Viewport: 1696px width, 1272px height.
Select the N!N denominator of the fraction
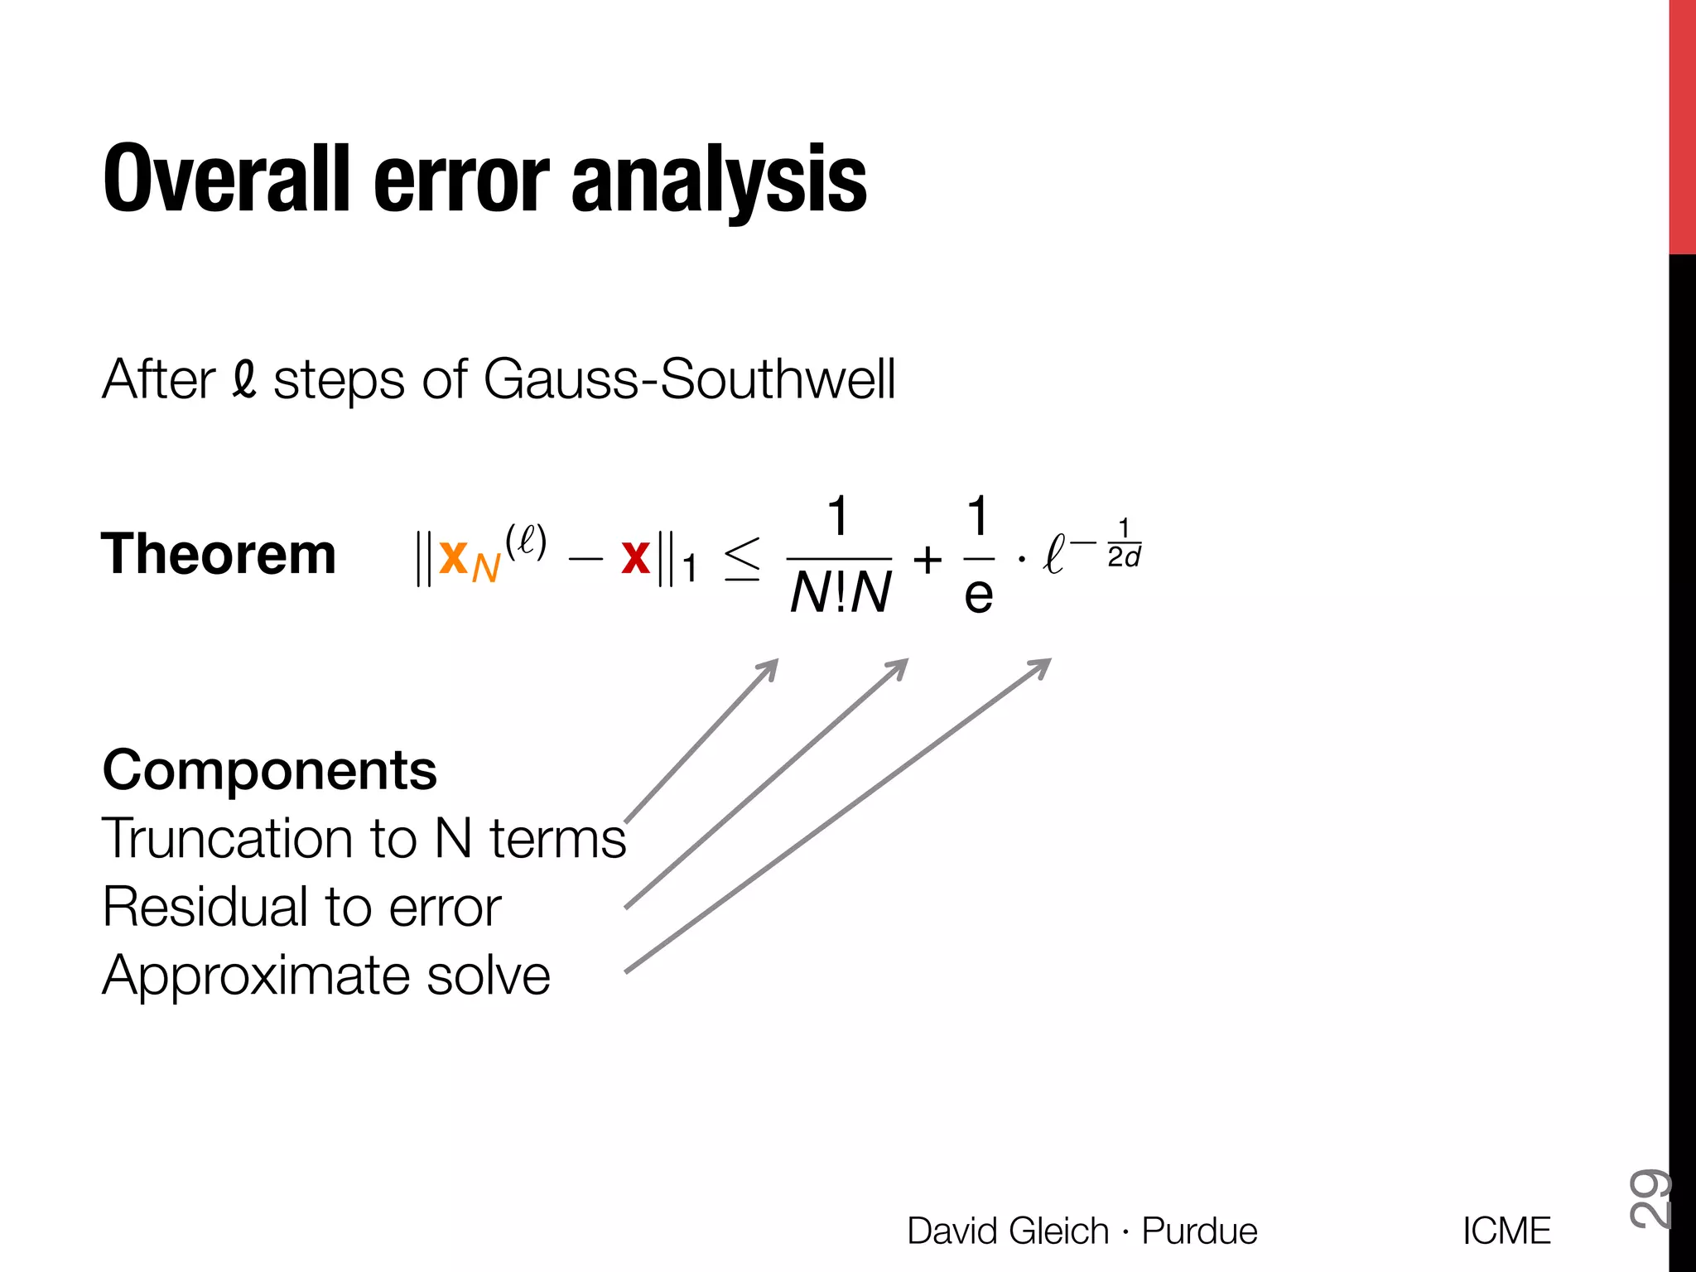(x=840, y=593)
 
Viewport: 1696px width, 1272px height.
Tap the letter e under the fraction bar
(x=978, y=595)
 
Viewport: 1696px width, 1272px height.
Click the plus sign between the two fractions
(x=927, y=560)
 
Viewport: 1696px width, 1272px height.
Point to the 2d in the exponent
(x=1124, y=557)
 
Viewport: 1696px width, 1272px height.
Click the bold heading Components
(x=269, y=770)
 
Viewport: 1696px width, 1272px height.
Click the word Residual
(x=204, y=906)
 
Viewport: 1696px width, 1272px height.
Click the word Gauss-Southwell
(x=689, y=380)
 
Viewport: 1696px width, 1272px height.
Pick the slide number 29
(x=1648, y=1197)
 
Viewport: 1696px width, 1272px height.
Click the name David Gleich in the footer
(x=1008, y=1231)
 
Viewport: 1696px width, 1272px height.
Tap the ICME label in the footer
(x=1506, y=1231)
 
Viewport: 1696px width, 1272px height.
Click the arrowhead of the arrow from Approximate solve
(x=1045, y=662)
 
